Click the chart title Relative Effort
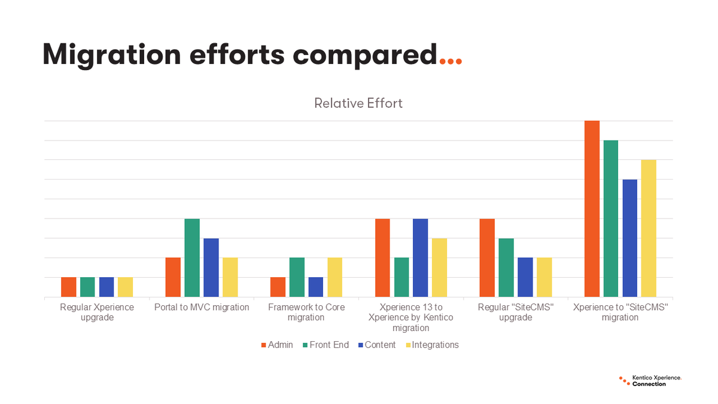pos(358,103)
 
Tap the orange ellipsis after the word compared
pos(450,60)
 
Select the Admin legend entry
pos(277,345)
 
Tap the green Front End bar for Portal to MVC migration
pos(192,258)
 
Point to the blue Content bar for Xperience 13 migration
pos(421,258)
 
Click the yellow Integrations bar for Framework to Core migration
pos(334,277)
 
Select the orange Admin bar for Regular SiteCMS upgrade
pos(487,258)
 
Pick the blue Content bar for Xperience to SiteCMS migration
pos(630,238)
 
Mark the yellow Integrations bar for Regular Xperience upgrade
pos(125,287)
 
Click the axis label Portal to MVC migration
pos(201,307)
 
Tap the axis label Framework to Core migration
pos(306,312)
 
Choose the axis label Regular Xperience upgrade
pos(97,312)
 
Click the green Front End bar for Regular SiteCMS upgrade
pos(506,268)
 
